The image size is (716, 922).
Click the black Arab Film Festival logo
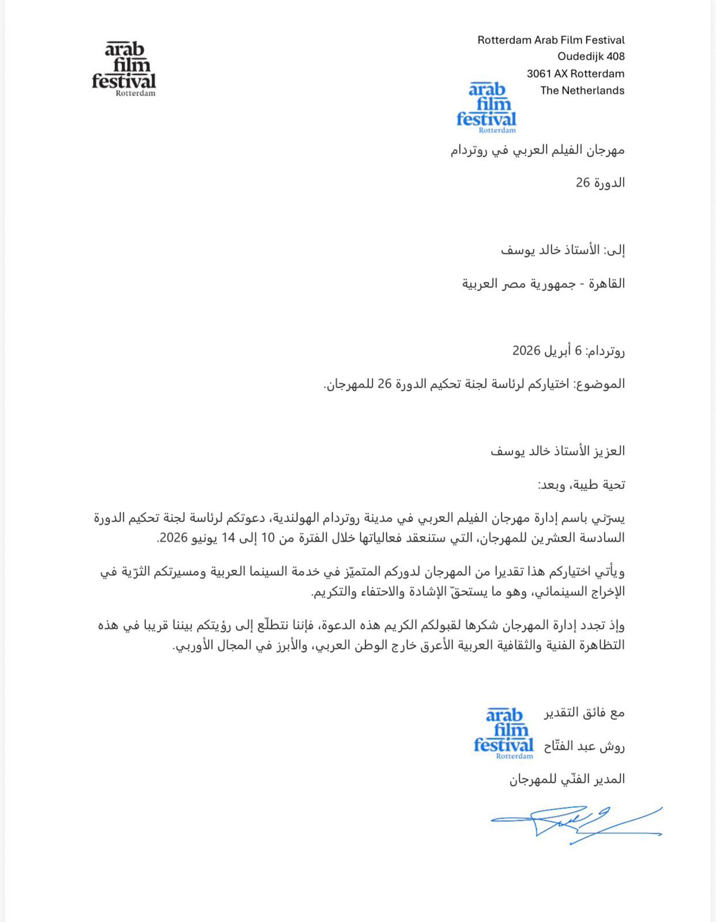coord(124,69)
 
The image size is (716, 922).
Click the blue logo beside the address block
coord(487,108)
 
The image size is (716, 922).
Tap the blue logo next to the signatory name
coord(504,733)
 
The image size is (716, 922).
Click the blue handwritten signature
coord(576,824)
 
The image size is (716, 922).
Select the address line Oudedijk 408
coord(591,56)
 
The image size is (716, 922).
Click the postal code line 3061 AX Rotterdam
coord(575,74)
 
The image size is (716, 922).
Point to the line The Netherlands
coord(582,90)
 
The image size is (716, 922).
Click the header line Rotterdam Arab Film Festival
coord(551,40)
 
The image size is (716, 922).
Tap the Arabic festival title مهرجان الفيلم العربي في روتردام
coord(537,150)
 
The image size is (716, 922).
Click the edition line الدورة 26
coord(600,183)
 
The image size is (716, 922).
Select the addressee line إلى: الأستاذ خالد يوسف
coord(563,250)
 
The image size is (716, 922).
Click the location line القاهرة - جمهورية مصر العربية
coord(543,284)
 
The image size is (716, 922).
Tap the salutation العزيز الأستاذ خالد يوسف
coord(557,451)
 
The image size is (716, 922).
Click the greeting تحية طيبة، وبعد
coord(581,485)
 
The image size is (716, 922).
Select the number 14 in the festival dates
coord(229,538)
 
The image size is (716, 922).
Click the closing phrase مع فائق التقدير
coord(584,713)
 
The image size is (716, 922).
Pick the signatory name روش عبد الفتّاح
coord(584,746)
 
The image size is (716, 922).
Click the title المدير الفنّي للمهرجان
coord(567,779)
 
